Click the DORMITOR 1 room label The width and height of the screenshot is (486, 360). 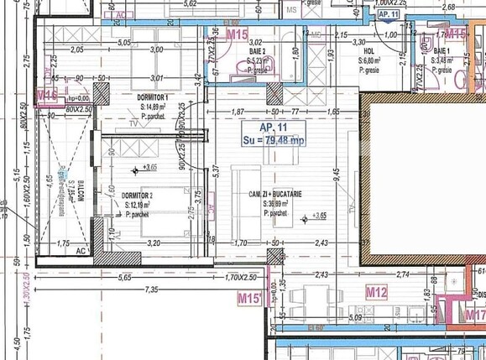[x=154, y=97]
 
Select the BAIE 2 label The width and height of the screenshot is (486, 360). [x=257, y=51]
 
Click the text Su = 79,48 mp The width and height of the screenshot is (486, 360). [x=274, y=139]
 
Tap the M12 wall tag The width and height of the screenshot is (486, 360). [x=377, y=292]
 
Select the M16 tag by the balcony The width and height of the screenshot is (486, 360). [x=47, y=96]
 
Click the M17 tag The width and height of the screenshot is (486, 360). [x=474, y=316]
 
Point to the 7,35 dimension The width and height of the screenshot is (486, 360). [x=151, y=290]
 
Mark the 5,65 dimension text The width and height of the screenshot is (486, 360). [x=125, y=276]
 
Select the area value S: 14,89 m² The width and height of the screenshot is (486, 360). [x=154, y=107]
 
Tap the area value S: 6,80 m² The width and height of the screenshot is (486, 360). [x=372, y=60]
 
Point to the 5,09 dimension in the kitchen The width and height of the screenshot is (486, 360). [x=355, y=318]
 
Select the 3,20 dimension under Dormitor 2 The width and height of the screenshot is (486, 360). [x=154, y=243]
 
